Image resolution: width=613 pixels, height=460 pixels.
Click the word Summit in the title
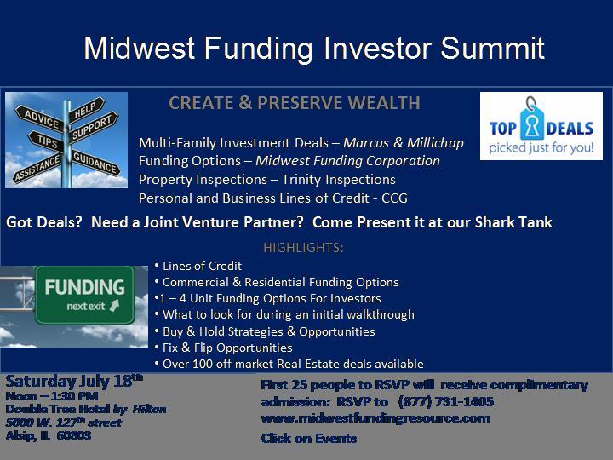tap(493, 48)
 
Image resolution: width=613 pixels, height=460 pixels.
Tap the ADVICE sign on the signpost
tap(40, 118)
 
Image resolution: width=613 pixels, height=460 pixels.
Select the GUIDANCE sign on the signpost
tap(95, 163)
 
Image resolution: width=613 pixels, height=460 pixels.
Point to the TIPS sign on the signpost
tap(46, 141)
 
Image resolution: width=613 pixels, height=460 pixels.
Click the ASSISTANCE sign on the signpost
tap(38, 168)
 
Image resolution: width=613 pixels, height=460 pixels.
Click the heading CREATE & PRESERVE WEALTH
tap(295, 103)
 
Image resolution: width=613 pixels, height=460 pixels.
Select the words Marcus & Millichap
tap(404, 143)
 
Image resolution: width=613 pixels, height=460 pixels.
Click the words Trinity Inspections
tap(339, 180)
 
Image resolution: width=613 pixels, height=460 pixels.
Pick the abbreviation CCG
tap(394, 198)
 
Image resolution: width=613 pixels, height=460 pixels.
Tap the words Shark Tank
tap(513, 222)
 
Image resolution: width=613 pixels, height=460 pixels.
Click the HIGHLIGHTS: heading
tap(303, 248)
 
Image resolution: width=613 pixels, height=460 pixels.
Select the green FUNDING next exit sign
tap(84, 295)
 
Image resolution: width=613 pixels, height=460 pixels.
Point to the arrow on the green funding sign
tap(115, 305)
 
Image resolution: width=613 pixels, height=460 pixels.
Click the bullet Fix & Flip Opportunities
tap(227, 348)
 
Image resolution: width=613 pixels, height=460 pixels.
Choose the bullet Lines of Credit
tap(202, 266)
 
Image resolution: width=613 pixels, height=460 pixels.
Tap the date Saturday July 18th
tap(74, 381)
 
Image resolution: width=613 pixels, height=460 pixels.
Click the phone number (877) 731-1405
tap(445, 402)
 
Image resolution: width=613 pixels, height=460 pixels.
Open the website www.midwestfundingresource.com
tap(375, 418)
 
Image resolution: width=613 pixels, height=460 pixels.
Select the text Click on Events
tap(309, 438)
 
